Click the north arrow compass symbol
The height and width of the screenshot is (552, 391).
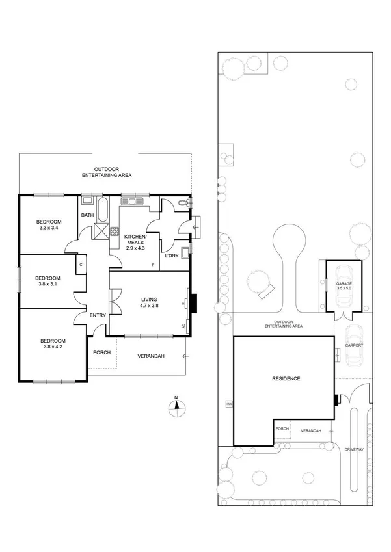(175, 408)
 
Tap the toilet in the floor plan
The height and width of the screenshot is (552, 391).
(183, 204)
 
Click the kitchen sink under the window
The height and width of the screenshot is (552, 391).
(135, 202)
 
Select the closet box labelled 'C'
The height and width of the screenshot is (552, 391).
(81, 265)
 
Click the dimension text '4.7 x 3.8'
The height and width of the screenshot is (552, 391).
(150, 305)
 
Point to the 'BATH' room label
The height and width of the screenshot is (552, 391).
(87, 215)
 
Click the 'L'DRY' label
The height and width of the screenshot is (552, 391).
(171, 256)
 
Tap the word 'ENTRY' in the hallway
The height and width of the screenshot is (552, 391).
(98, 315)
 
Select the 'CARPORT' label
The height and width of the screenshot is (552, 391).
(353, 345)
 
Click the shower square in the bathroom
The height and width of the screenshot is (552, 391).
(101, 230)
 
